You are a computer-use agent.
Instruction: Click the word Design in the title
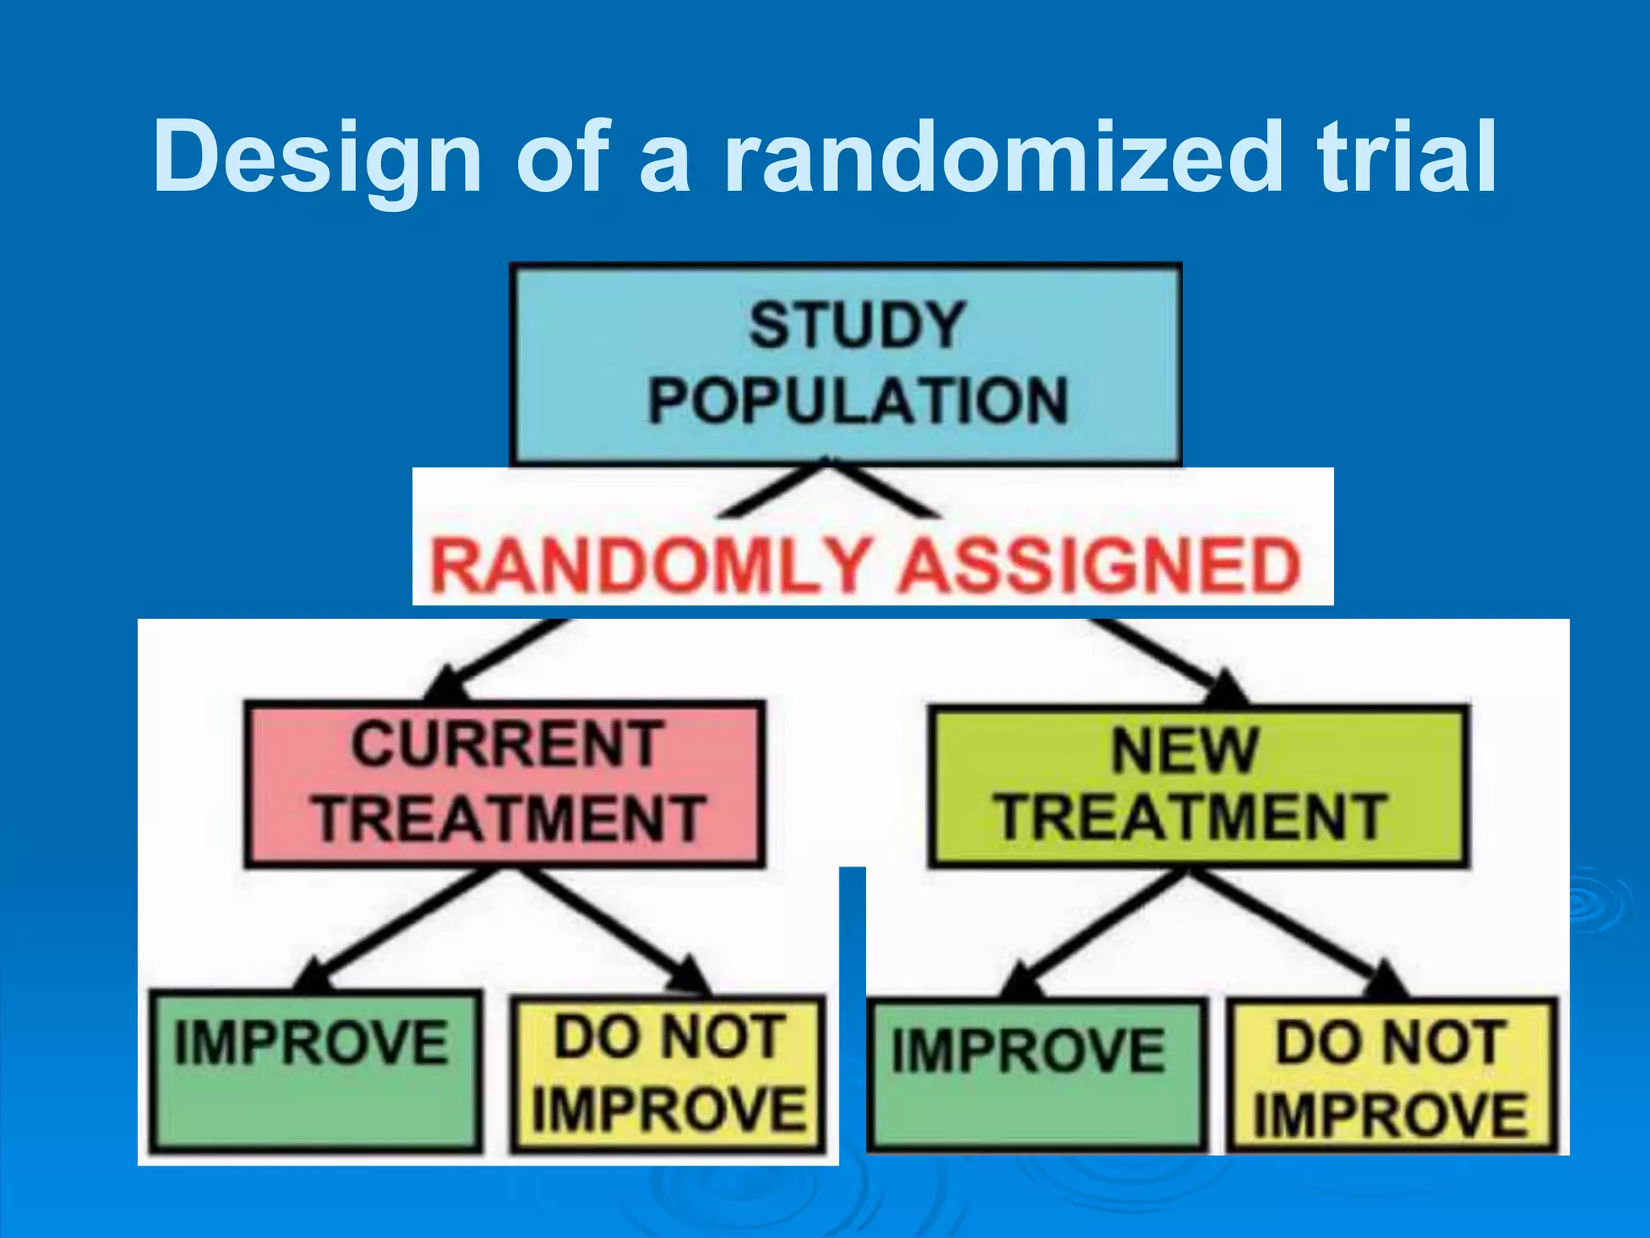[x=317, y=157]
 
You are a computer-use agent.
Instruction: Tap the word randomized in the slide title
[x=1002, y=157]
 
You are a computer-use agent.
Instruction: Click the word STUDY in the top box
[x=856, y=326]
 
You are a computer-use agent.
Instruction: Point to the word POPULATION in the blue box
[x=858, y=401]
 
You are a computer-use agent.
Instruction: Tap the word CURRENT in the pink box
[x=507, y=745]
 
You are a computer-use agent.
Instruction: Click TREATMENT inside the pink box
[x=509, y=820]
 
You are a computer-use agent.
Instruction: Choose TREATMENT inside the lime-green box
[x=1192, y=818]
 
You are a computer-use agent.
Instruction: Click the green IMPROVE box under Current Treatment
[x=315, y=1072]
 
